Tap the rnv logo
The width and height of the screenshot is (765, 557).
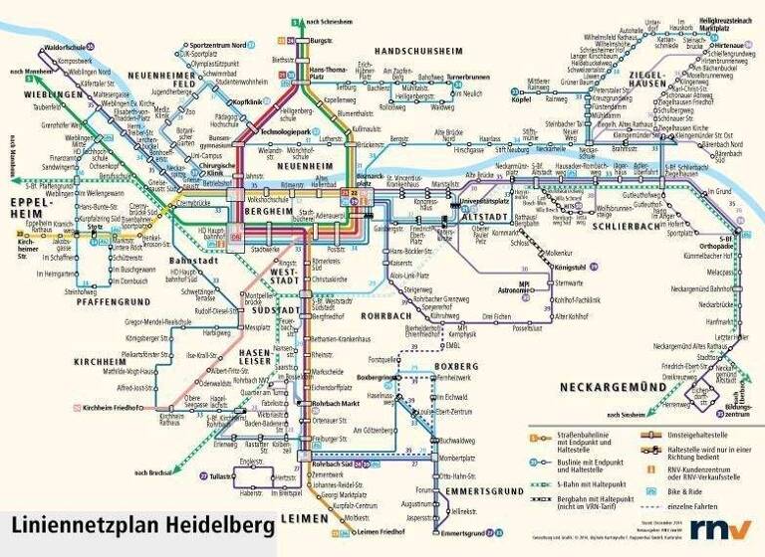coord(715,529)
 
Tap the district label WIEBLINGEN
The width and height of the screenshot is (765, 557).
coord(47,94)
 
